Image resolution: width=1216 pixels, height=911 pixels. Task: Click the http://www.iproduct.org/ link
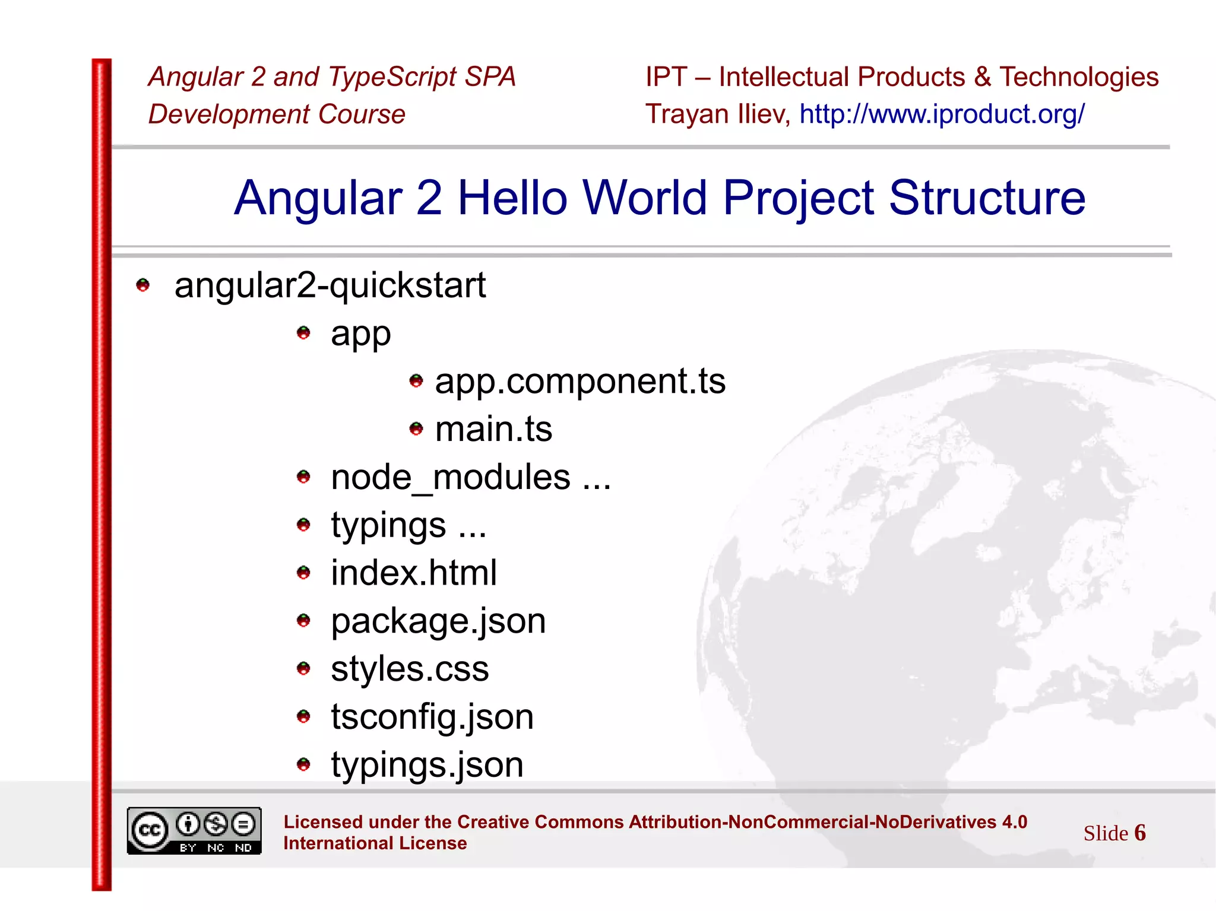942,114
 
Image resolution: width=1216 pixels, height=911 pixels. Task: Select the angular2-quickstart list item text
330,285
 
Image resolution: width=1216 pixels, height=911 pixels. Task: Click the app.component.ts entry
580,381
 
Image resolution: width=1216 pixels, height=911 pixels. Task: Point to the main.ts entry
493,429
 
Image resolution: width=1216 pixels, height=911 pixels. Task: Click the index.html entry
414,573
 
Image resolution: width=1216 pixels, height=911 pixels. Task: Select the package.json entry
438,621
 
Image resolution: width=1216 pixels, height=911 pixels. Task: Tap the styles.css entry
410,669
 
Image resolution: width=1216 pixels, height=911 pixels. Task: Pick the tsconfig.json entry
432,717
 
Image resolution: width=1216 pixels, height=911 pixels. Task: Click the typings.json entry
427,765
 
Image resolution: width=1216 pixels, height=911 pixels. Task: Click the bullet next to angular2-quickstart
143,285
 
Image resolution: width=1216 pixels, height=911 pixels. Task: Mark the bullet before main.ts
416,428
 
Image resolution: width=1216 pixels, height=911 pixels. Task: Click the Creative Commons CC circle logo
149,830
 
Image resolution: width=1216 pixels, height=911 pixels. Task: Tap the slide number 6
1139,833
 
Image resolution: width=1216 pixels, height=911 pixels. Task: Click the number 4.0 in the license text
1014,822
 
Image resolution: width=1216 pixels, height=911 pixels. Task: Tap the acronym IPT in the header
666,77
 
